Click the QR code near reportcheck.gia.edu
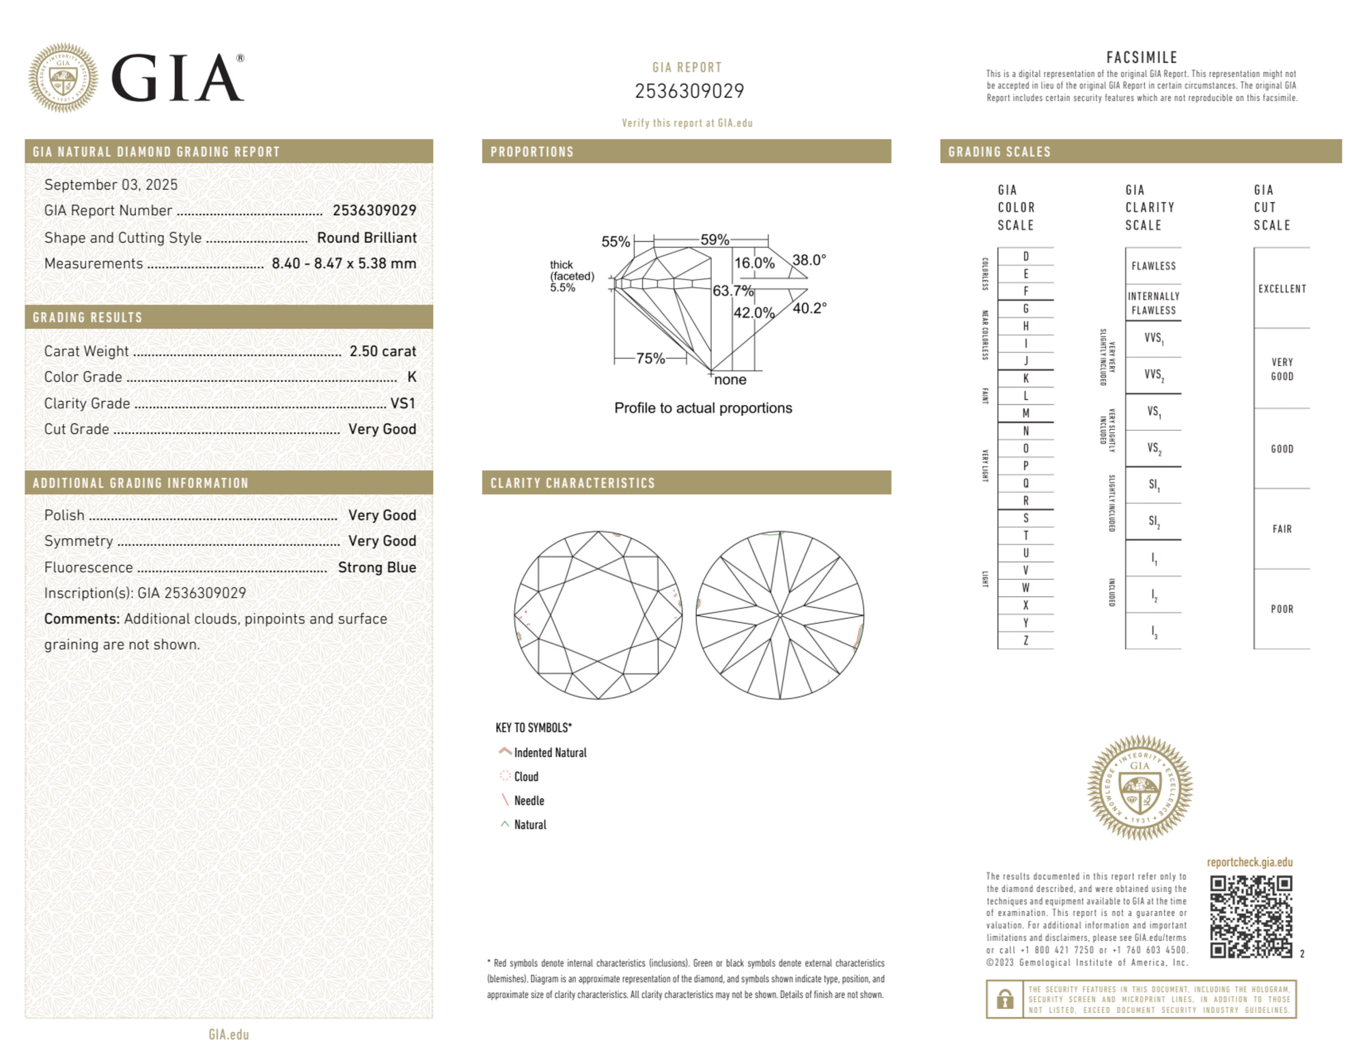1250,916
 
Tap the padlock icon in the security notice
1004,999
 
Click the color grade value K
411,377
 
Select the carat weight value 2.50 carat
383,351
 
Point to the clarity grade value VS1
402,403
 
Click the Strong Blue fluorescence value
376,567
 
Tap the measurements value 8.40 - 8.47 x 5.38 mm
344,264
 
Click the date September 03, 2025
111,184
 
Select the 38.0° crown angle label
809,260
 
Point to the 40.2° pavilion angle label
810,308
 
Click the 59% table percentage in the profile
715,240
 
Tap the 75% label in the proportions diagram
650,358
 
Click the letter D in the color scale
1025,256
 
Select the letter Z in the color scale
1025,640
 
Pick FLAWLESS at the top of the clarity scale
1153,266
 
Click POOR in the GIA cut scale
1282,609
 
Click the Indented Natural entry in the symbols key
550,753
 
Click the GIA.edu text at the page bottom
229,1034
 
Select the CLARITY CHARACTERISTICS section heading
572,483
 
